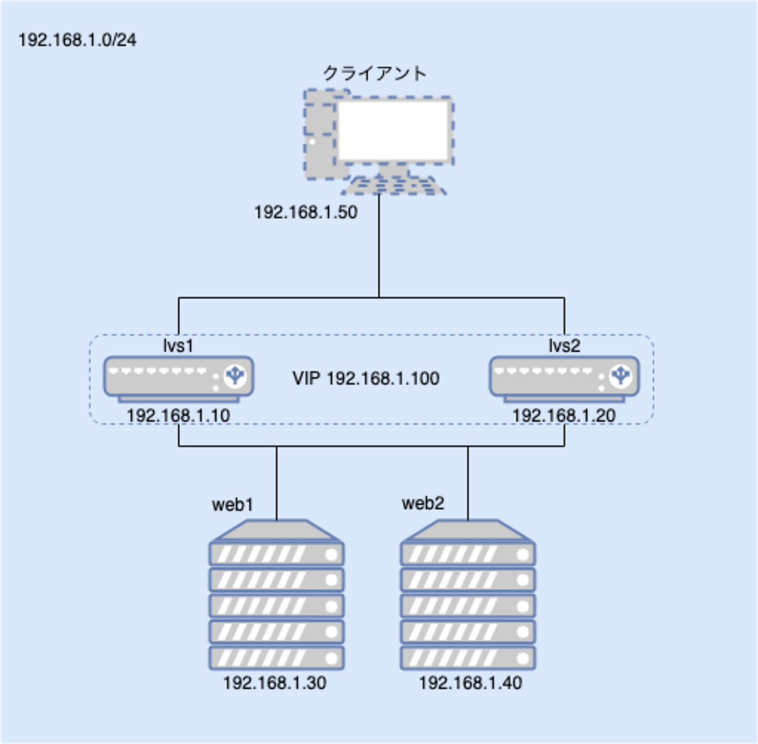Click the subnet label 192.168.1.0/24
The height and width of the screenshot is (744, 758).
tap(78, 40)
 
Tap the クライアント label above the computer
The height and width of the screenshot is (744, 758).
tap(375, 74)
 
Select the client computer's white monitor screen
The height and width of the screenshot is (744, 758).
tap(394, 131)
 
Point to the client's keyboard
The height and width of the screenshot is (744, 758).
tap(394, 186)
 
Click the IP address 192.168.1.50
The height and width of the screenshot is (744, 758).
tap(306, 212)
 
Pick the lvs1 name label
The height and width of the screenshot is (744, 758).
tap(178, 346)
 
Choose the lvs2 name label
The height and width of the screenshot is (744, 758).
tap(564, 346)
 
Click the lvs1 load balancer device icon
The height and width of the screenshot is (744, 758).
tap(178, 378)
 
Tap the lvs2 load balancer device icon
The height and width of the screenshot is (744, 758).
tap(564, 378)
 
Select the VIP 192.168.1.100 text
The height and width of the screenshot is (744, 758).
tap(366, 379)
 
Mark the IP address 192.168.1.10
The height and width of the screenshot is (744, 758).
tap(178, 415)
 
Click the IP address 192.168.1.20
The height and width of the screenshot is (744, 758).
tap(564, 415)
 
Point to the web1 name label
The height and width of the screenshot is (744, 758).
tap(233, 505)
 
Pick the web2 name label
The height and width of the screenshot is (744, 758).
tap(423, 504)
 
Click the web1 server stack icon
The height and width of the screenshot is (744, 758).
tap(276, 595)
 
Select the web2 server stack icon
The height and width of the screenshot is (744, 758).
tap(468, 595)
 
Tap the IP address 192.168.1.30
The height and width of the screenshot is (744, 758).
tap(275, 683)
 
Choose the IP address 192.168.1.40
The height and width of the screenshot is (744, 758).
tap(471, 683)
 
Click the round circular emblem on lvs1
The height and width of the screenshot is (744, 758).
tap(235, 376)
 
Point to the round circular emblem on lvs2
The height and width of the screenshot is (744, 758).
tap(621, 376)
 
